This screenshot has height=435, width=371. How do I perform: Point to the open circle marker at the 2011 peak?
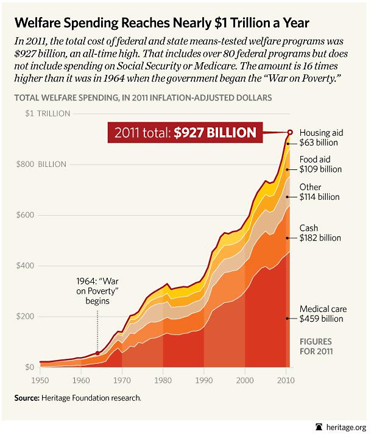coord(290,132)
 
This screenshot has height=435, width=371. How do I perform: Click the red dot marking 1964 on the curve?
coord(97,352)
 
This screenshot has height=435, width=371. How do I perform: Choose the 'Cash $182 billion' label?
coord(319,233)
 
